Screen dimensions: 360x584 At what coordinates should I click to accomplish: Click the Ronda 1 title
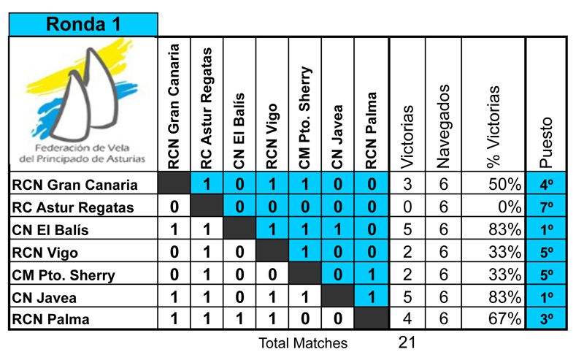[82, 24]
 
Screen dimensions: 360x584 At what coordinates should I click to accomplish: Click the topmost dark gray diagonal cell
[174, 184]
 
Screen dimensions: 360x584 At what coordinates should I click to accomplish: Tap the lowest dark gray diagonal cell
[371, 318]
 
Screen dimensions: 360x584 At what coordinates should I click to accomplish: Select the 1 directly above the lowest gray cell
[371, 296]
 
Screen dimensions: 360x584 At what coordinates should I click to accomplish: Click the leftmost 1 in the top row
[207, 184]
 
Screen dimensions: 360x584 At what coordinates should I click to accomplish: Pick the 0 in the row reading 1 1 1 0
[371, 229]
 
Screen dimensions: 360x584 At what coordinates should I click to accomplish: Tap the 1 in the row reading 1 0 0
[305, 252]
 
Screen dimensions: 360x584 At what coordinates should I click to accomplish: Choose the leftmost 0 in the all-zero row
[239, 207]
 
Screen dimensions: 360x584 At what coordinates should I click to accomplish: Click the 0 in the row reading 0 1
[338, 275]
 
